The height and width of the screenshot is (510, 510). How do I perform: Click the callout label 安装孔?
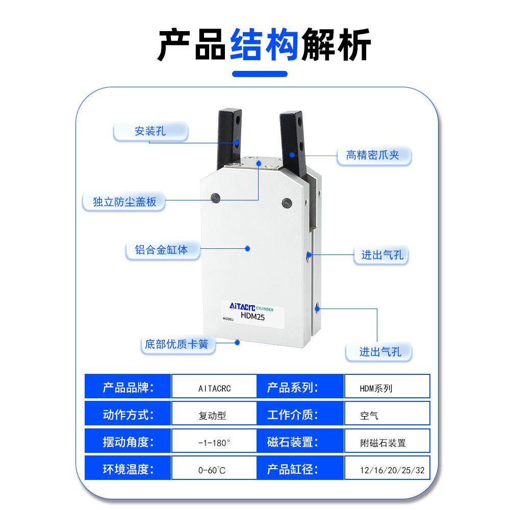coord(150,132)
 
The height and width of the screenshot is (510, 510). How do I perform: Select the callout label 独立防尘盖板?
coord(124,202)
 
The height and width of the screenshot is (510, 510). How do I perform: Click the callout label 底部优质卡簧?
coord(176,345)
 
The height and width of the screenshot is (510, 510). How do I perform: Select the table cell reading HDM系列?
coord(387,388)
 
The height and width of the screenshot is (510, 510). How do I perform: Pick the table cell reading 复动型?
coord(213,415)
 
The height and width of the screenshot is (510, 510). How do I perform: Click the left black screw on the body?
coord(215,197)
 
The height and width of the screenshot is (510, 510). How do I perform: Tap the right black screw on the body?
coord(286,202)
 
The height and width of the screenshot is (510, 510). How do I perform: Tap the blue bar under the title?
coord(260,74)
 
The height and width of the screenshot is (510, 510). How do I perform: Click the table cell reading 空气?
coord(387,415)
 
